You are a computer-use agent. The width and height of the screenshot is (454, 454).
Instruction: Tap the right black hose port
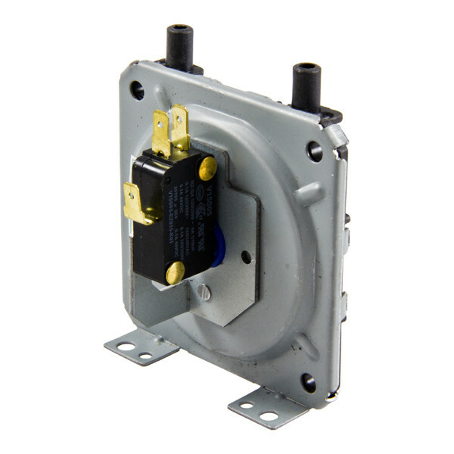(307, 85)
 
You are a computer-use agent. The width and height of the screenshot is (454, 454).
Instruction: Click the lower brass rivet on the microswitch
(175, 272)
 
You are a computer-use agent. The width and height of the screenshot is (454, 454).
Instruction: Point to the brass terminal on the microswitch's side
(136, 203)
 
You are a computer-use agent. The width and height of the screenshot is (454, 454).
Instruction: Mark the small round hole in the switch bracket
(246, 257)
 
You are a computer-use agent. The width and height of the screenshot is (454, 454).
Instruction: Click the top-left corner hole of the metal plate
(137, 91)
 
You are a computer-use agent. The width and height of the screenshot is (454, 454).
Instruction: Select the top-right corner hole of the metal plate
(315, 151)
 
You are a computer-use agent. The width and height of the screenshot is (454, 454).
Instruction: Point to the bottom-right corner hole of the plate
(308, 383)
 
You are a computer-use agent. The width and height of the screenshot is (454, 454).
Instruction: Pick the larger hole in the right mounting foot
(269, 415)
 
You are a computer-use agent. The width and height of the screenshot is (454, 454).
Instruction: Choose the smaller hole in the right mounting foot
(247, 406)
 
